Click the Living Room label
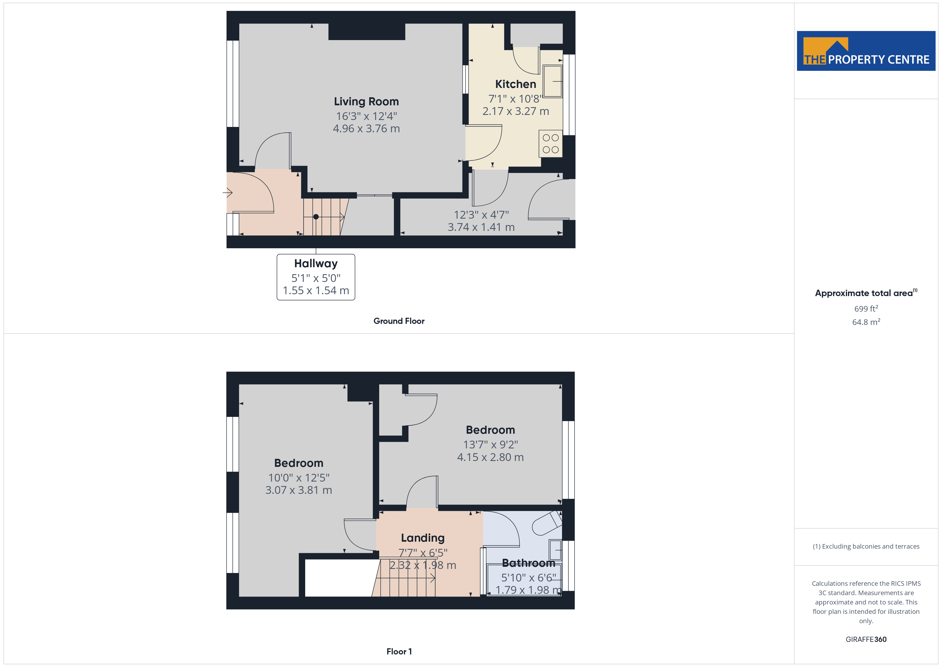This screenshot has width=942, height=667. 366,102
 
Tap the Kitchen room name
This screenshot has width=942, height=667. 515,84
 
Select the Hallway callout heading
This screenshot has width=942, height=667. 316,263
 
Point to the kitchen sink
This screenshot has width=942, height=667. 553,81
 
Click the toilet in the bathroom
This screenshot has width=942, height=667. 547,523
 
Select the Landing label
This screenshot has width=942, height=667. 423,538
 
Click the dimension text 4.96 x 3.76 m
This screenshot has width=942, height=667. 366,129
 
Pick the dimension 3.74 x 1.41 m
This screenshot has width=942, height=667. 481,227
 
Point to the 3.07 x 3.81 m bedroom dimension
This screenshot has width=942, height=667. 299,490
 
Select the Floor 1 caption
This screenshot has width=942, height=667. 399,652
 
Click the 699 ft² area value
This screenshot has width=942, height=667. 866,308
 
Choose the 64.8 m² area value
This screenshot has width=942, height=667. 866,322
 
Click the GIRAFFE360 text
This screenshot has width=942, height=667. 866,639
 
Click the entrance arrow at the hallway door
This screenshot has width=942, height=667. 228,192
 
